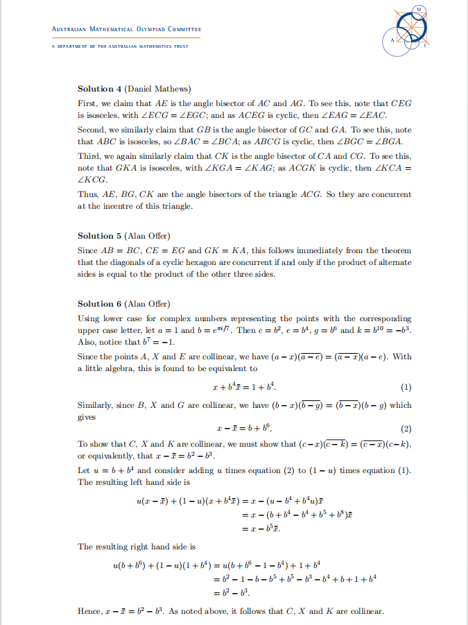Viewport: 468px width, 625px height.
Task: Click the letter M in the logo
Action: click(419, 9)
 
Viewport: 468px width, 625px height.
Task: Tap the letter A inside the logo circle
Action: click(392, 40)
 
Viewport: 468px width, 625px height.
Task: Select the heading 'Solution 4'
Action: click(100, 89)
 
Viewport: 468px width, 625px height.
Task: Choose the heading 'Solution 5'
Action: click(100, 236)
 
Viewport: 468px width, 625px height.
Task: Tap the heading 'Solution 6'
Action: click(100, 304)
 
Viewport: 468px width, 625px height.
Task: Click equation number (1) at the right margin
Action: click(406, 386)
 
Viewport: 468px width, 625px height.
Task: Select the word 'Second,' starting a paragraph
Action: click(92, 130)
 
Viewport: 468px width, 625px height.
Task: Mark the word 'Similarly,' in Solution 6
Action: click(96, 405)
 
